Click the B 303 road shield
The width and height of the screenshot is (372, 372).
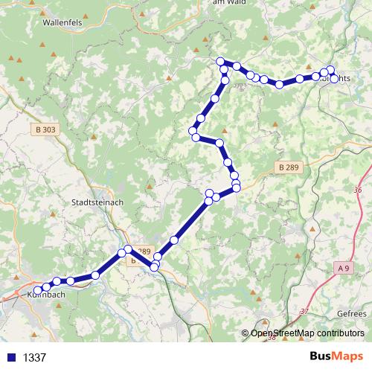(45, 129)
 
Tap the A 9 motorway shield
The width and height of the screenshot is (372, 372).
(342, 266)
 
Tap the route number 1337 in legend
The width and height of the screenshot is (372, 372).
(34, 357)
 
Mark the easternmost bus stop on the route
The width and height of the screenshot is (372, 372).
(335, 78)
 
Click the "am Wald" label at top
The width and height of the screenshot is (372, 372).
(229, 4)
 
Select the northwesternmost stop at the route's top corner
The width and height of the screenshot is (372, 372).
(220, 61)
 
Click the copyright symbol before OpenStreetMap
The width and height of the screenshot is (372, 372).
(246, 333)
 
